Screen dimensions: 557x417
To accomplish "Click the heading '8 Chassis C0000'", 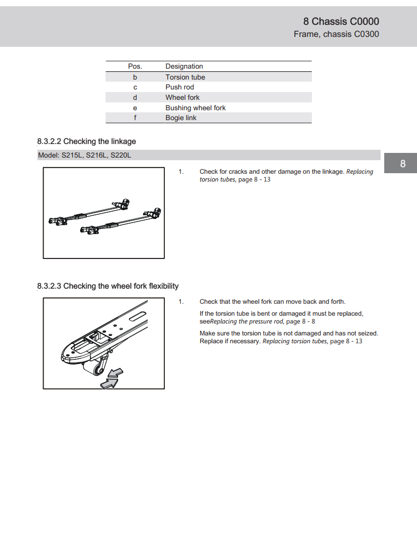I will click(341, 21).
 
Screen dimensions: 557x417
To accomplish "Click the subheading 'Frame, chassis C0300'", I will click(336, 34).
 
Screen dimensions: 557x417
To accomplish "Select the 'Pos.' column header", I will click(135, 67).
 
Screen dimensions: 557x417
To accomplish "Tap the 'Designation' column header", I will click(184, 67).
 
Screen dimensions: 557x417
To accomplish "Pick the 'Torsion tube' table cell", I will click(185, 77).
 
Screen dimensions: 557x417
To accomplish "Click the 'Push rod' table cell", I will click(179, 87).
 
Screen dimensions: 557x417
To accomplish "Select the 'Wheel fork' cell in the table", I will click(183, 97).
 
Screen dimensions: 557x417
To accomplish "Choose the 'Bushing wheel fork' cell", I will click(196, 108).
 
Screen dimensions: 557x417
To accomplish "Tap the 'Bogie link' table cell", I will click(181, 118).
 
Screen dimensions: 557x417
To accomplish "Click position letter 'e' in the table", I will click(135, 108).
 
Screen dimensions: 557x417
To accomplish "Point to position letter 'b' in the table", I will click(135, 77).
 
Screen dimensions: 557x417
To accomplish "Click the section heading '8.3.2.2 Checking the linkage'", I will click(86, 141).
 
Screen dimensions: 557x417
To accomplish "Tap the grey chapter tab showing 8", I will click(402, 164).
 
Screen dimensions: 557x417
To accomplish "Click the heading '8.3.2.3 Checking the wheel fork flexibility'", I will click(108, 286).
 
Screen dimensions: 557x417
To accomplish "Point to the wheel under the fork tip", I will click(97, 370).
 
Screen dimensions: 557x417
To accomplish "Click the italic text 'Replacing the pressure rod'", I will click(246, 321).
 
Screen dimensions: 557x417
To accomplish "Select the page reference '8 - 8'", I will click(309, 321).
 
